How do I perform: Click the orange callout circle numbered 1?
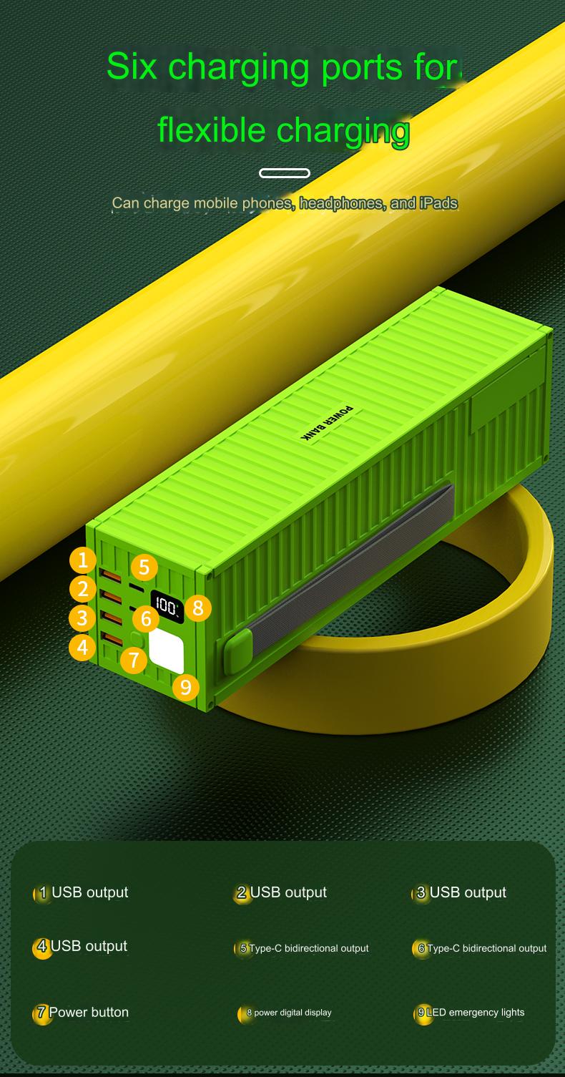tap(83, 560)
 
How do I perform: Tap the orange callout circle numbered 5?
tap(144, 567)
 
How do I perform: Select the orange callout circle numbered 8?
tap(198, 608)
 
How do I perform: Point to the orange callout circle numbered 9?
tap(186, 687)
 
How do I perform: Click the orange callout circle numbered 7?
tap(134, 659)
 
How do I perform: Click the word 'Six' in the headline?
tap(132, 67)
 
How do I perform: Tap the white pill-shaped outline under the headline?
tap(284, 173)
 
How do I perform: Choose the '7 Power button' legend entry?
tap(82, 1013)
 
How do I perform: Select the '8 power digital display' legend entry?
tap(285, 1013)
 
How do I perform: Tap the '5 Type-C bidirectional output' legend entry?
tap(302, 948)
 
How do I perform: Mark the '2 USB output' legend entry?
tap(281, 892)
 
